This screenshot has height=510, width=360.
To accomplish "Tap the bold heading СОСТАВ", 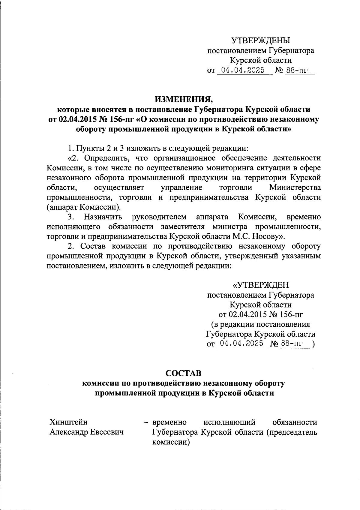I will tap(184, 373).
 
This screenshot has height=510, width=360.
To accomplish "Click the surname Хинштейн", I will tap(69, 422).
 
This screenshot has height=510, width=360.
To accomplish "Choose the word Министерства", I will tap(295, 187).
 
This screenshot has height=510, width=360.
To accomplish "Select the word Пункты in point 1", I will tap(89, 148).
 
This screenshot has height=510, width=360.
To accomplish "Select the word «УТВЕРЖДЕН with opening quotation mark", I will tap(261, 285).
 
